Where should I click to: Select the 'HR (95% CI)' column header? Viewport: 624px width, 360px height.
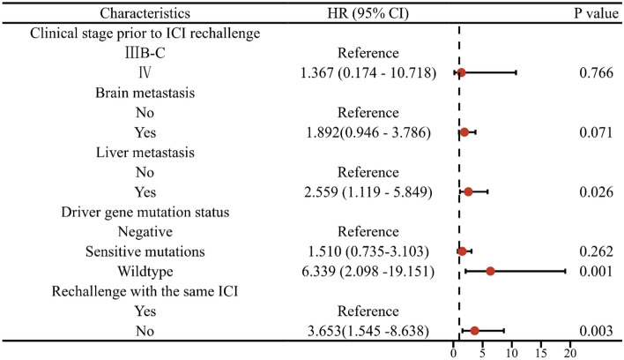point(368,15)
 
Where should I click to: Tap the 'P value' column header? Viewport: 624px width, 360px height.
point(587,15)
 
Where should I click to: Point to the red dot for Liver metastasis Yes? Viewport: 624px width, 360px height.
point(468,191)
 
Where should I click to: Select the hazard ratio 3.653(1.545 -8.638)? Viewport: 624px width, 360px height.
point(368,331)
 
